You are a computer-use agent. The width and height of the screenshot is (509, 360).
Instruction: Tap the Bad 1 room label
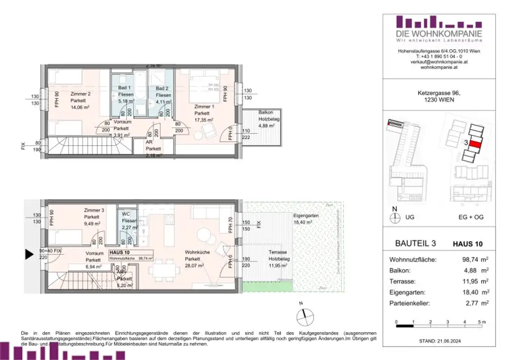coord(124,88)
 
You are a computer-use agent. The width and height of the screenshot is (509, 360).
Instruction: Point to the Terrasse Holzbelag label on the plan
coord(280,252)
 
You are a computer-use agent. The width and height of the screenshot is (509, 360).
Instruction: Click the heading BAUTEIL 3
coord(416,244)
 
